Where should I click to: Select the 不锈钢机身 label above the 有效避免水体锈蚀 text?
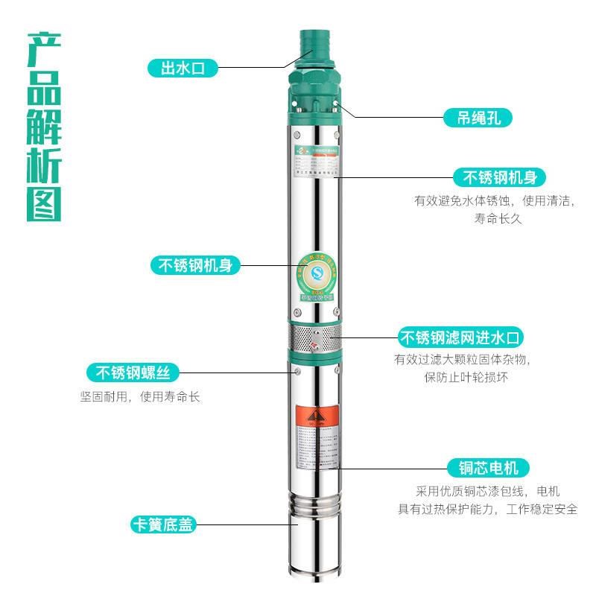(500, 177)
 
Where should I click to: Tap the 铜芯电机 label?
(488, 468)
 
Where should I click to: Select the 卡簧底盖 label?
(161, 525)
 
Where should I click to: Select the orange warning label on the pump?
(313, 416)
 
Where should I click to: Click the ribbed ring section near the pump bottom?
(313, 507)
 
